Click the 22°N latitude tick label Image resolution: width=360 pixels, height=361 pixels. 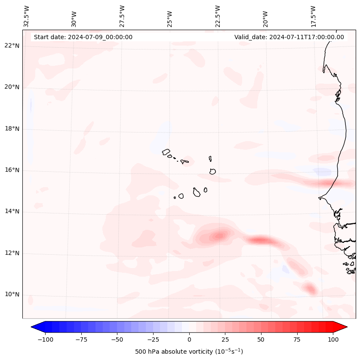click(12, 46)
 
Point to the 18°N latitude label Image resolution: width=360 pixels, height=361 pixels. click(12, 129)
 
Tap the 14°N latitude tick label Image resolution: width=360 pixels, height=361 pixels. click(12, 212)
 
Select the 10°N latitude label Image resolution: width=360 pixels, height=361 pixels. click(12, 295)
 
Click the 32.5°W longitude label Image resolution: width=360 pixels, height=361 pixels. click(27, 16)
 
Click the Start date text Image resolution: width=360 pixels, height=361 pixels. click(83, 37)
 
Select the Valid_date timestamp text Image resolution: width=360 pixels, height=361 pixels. click(289, 37)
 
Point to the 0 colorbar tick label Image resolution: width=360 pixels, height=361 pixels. click(189, 339)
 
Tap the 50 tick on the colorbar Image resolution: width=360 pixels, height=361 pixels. click(261, 339)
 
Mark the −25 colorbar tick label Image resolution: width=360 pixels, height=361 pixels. click(153, 339)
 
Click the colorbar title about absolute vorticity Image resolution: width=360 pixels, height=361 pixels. click(189, 352)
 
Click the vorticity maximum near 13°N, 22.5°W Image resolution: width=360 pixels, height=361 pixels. click(219, 235)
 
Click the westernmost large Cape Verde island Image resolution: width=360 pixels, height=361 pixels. click(166, 152)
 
